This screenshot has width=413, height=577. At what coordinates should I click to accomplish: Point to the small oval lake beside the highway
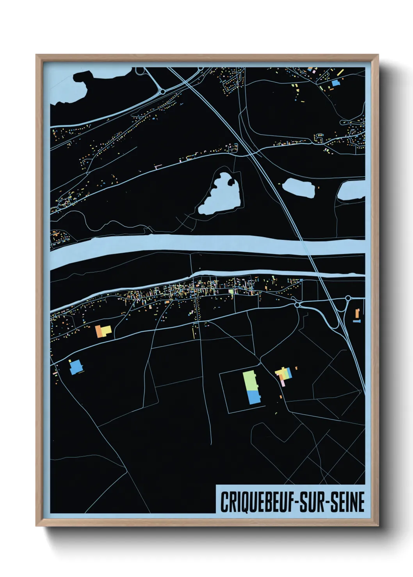(298, 188)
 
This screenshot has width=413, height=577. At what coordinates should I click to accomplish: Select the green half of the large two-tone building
(250, 380)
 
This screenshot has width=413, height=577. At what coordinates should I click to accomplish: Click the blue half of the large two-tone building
(254, 397)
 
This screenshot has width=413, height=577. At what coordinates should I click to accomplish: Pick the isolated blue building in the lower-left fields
(76, 367)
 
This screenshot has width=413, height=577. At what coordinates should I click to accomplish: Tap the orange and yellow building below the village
(103, 331)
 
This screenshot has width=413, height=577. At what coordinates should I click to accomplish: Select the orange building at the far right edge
(357, 313)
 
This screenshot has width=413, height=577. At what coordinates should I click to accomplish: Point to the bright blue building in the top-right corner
(335, 83)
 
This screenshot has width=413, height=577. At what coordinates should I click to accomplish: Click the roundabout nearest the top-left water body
(162, 92)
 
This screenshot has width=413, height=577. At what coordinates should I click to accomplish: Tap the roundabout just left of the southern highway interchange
(297, 304)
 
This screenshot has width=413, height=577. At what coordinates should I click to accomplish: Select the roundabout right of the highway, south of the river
(348, 298)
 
